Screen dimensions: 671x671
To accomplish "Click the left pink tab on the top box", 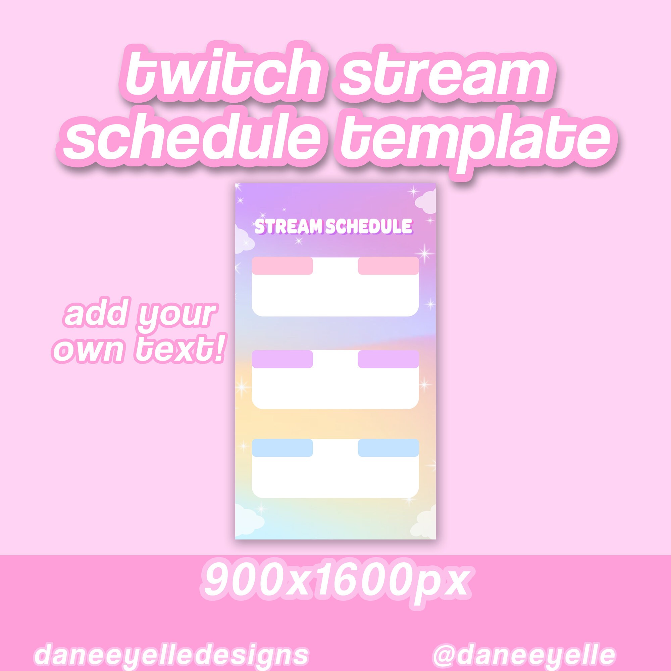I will [282, 266].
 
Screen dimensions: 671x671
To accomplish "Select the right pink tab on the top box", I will [388, 266].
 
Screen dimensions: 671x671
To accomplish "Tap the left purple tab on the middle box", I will [282, 359].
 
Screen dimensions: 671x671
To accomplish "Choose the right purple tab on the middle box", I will [388, 359].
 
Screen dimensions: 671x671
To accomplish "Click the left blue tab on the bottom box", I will [282, 448].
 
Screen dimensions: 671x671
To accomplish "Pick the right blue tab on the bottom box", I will [388, 448].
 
